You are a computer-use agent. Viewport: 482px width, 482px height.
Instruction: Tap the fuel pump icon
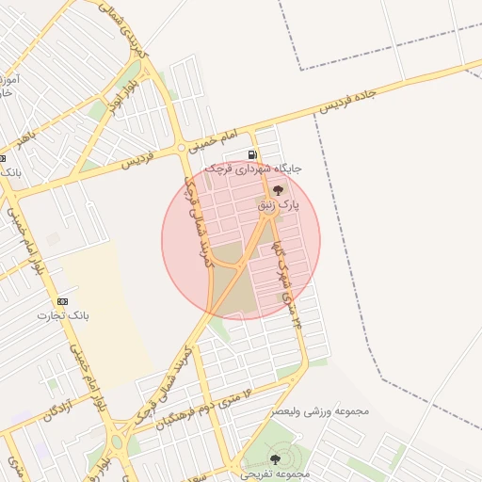[252, 154]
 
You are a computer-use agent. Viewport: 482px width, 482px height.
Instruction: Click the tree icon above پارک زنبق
[277, 190]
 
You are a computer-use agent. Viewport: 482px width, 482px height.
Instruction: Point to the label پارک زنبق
[280, 203]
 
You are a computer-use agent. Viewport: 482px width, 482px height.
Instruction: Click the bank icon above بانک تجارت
[62, 300]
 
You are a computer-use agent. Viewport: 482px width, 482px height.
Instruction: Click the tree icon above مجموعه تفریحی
[275, 458]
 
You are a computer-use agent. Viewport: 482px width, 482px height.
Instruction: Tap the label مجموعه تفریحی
[275, 473]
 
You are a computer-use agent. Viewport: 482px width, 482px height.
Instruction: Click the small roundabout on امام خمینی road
[182, 149]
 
